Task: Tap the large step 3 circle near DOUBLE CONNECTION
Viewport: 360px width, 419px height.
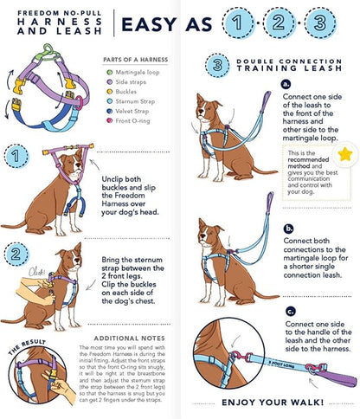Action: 218,64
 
